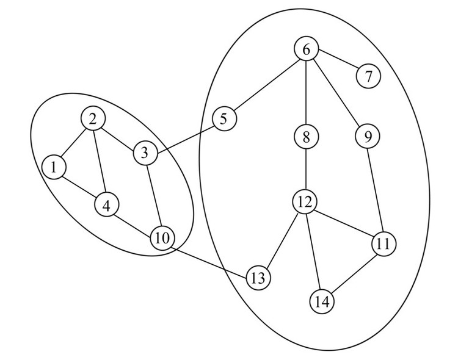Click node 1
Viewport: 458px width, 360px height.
[x=54, y=167]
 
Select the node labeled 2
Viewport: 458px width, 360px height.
[x=92, y=119]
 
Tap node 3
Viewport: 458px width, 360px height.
[x=145, y=153]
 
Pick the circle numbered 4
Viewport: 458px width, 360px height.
[x=106, y=206]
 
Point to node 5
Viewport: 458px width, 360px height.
[x=224, y=118]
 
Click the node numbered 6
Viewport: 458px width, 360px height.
[x=305, y=49]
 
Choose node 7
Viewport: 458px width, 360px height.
[x=368, y=77]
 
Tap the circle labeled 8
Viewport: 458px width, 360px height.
[x=305, y=137]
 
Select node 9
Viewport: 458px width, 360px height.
[x=368, y=137]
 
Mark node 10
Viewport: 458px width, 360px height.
[x=162, y=239]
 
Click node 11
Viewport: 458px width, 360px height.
[x=383, y=243]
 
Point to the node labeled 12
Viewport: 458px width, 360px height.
[x=304, y=202]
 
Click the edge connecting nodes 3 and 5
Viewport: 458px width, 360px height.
[x=184, y=135]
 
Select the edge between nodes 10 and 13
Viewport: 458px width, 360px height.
[x=210, y=259]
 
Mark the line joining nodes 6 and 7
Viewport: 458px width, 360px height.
[x=337, y=63]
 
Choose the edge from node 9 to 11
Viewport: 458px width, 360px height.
[x=376, y=190]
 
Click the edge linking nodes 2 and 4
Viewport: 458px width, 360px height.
[x=99, y=162]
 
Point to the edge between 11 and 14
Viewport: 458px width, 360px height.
[x=353, y=272]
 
